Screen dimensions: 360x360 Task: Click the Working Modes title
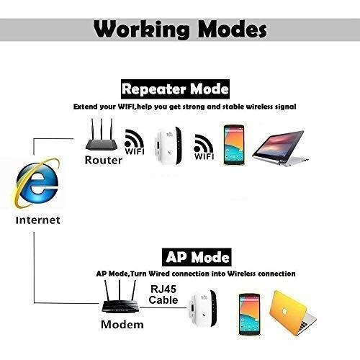(x=180, y=30)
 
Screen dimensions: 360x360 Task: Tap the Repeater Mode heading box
(x=175, y=89)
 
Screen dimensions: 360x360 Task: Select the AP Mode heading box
(x=197, y=257)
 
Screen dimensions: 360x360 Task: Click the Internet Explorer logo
(x=37, y=184)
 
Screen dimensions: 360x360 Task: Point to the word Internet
(x=37, y=220)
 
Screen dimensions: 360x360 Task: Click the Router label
(x=104, y=160)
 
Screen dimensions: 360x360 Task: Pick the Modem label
(x=122, y=325)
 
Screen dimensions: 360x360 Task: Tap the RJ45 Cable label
(x=163, y=294)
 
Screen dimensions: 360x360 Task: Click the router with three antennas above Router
(x=102, y=135)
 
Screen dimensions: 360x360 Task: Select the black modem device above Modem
(x=120, y=297)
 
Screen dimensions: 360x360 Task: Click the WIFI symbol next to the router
(x=135, y=142)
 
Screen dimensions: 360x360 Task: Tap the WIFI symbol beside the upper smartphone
(x=204, y=147)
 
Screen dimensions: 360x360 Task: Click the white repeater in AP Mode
(x=203, y=309)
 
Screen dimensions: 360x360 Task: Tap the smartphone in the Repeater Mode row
(x=234, y=145)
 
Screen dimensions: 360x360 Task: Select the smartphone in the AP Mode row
(x=250, y=314)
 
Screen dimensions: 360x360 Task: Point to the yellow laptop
(x=293, y=313)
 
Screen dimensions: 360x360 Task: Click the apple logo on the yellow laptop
(x=284, y=312)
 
